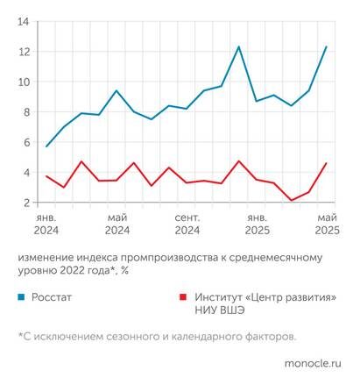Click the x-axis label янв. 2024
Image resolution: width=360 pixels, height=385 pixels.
(46, 223)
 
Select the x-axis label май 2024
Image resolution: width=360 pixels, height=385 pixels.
(116, 223)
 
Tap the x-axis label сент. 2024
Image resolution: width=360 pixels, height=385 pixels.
(187, 223)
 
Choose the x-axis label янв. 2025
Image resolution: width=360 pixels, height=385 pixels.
(257, 223)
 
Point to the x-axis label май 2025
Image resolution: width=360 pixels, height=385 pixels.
(326, 223)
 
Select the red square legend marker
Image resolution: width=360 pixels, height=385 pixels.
(182, 297)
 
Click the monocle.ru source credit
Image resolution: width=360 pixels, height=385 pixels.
(313, 361)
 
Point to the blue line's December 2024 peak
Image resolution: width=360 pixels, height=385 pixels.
(239, 46)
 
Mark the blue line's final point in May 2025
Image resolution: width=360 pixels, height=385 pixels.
(327, 46)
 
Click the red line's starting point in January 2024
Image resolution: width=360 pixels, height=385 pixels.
(46, 176)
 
